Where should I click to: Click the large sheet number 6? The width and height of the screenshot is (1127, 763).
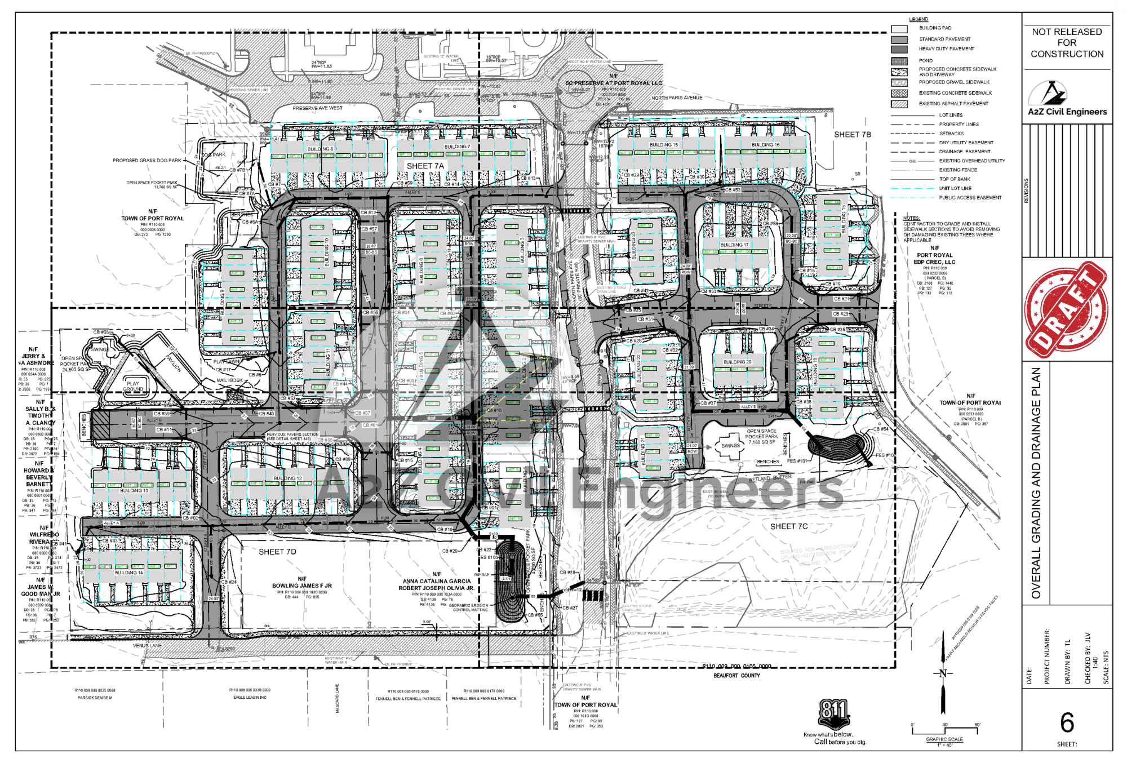1067,722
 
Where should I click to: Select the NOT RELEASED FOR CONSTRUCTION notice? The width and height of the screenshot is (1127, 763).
1067,43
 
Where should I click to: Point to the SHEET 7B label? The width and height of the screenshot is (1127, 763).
852,135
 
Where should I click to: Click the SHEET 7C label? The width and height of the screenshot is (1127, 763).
788,526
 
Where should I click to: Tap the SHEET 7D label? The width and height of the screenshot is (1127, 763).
277,552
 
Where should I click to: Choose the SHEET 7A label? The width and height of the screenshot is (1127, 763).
425,166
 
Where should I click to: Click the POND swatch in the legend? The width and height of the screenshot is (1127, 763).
899,61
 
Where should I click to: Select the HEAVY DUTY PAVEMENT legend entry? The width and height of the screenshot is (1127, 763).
946,49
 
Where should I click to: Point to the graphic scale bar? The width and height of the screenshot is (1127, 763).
944,731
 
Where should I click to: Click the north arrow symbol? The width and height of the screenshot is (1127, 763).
943,673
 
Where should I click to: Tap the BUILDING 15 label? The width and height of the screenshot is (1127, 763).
664,145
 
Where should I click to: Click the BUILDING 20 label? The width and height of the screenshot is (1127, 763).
737,362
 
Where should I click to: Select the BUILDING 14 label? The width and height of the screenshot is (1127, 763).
129,573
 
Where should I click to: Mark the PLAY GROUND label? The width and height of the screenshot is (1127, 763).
133,386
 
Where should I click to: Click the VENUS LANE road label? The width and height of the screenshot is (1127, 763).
147,646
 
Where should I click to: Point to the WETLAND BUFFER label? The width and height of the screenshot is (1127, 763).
770,478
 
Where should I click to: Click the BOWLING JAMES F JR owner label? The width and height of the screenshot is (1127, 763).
302,585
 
